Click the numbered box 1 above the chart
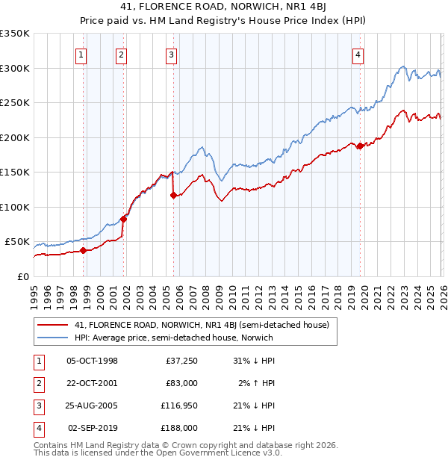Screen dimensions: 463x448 tap(80, 54)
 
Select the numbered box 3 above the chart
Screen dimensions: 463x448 tap(171, 54)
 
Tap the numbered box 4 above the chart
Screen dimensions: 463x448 tap(358, 54)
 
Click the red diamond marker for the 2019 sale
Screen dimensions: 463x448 tap(360, 146)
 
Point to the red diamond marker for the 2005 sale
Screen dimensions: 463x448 tap(173, 196)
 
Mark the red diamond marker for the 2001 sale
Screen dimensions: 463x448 tap(124, 219)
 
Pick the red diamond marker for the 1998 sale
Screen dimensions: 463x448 tap(83, 251)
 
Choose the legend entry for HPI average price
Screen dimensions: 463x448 tap(174, 338)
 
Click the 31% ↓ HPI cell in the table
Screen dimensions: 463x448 tap(254, 361)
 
